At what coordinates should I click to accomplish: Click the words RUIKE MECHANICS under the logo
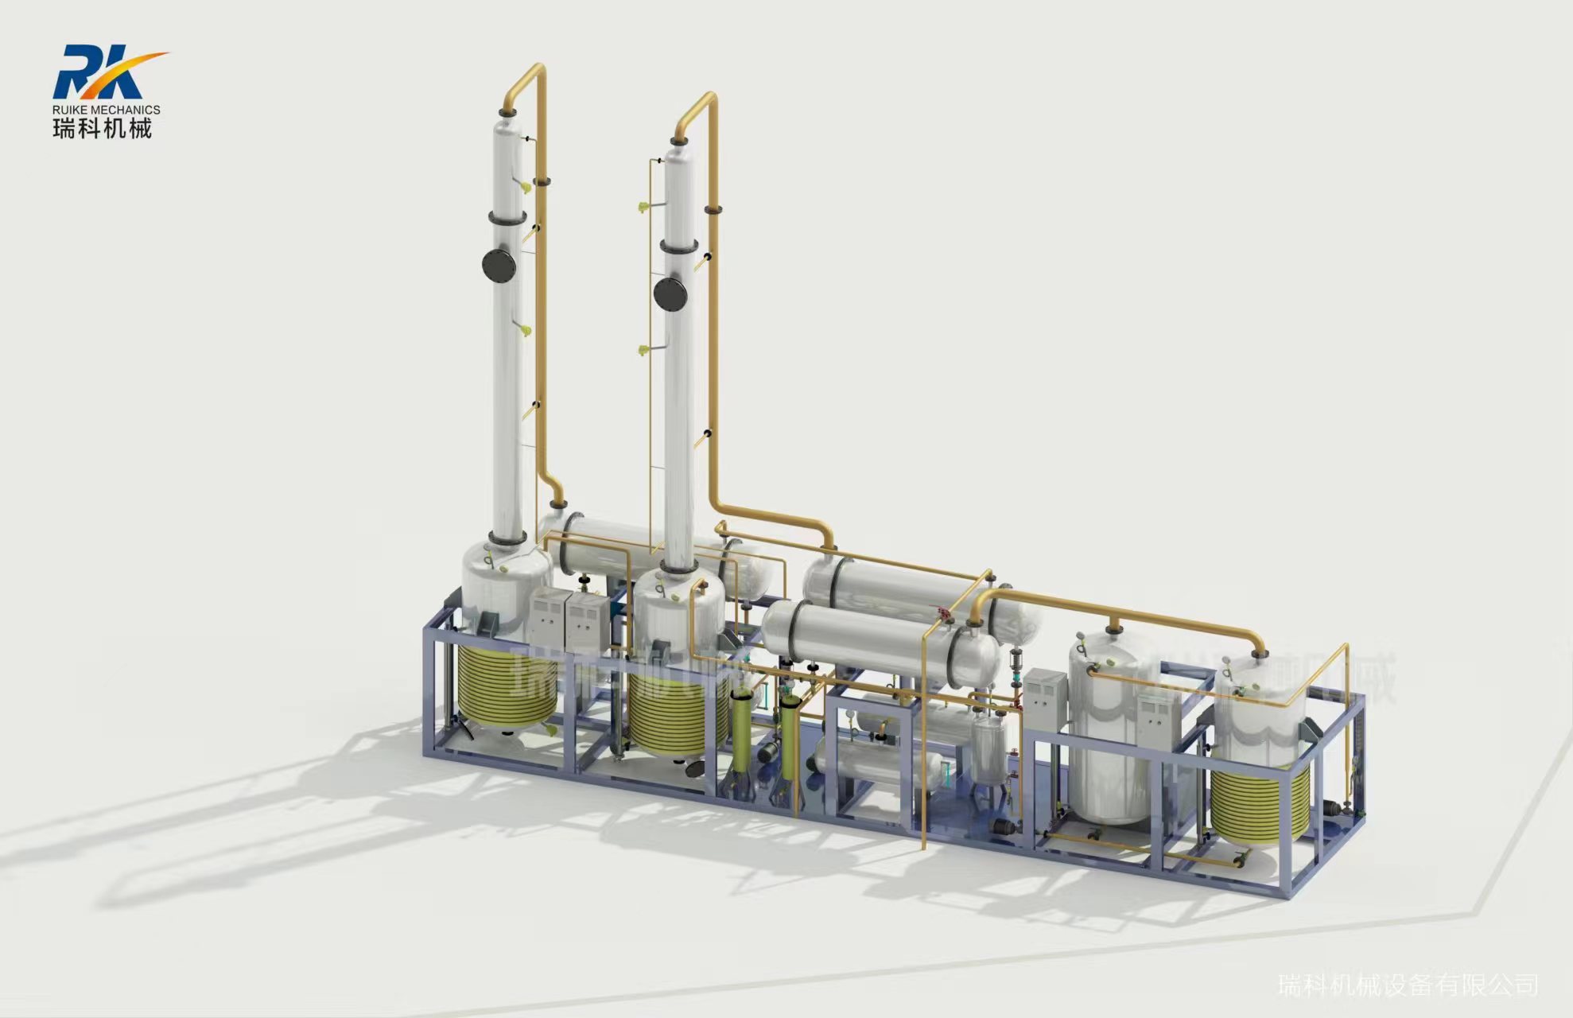pyautogui.click(x=107, y=110)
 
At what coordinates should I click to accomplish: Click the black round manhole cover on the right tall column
pyautogui.click(x=670, y=293)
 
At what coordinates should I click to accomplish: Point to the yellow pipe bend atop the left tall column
pyautogui.click(x=525, y=80)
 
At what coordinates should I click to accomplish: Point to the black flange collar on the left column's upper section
pyautogui.click(x=507, y=217)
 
